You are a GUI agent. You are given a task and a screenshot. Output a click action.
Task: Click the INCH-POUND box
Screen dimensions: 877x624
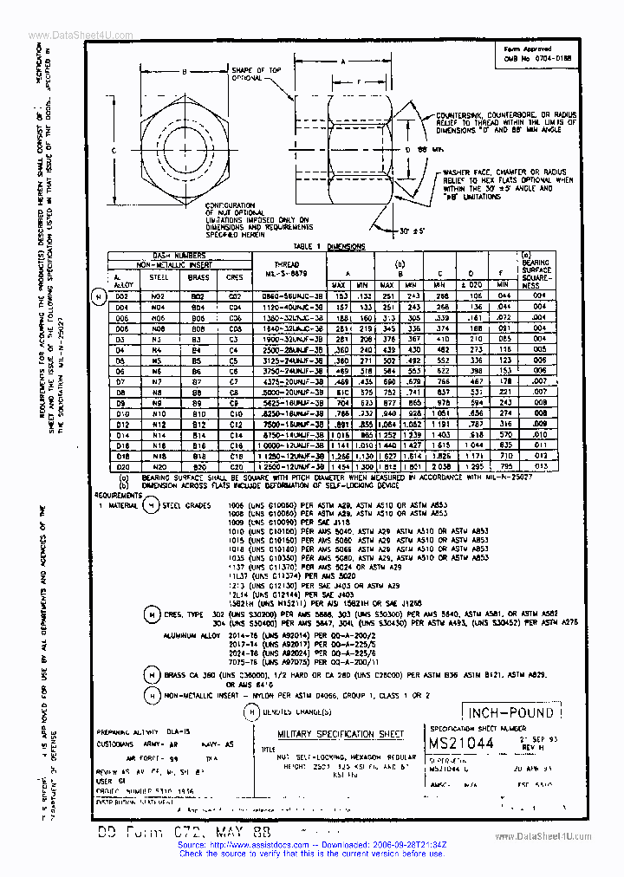click(510, 713)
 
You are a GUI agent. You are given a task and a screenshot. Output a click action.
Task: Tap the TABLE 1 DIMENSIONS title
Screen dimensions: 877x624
click(329, 247)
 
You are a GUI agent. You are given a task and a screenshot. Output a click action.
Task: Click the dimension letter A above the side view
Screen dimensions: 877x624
click(343, 62)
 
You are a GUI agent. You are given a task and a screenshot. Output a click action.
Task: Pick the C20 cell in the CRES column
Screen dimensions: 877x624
click(235, 466)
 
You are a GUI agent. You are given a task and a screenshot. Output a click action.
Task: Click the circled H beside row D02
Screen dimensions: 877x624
click(98, 296)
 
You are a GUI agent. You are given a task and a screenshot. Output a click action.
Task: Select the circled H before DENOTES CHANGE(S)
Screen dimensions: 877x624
click(251, 711)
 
